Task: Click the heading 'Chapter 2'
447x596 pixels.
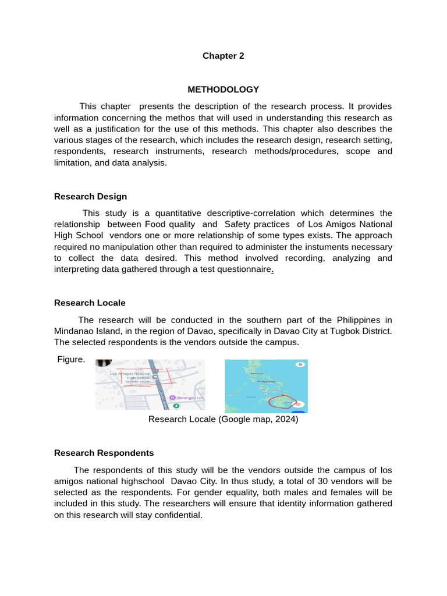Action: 223,56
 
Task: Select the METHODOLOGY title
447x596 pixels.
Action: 223,90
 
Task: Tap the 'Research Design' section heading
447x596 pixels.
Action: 90,197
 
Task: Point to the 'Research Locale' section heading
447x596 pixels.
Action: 90,303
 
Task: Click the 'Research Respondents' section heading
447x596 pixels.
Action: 104,453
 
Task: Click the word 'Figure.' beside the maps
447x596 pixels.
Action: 71,360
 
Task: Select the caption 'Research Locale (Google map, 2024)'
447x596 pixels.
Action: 223,419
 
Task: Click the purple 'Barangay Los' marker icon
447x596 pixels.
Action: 172,398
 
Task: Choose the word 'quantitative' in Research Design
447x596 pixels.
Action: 168,214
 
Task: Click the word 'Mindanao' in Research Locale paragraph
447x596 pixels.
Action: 73,331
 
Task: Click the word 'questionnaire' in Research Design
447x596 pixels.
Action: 245,269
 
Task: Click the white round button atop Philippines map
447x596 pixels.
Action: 300,364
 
